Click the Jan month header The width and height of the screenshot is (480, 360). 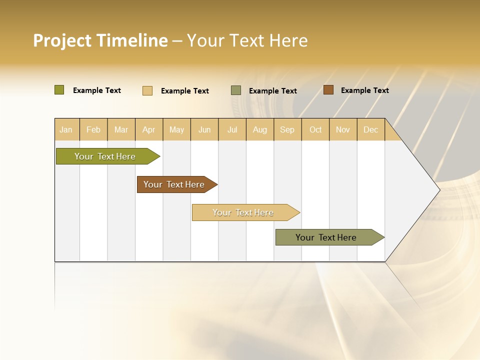click(66, 129)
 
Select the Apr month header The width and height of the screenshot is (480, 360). click(149, 129)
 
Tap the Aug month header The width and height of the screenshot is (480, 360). click(260, 129)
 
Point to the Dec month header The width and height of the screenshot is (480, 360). click(370, 129)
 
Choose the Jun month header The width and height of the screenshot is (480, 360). click(204, 129)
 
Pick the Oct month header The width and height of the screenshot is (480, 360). click(315, 129)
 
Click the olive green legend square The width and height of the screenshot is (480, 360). click(59, 90)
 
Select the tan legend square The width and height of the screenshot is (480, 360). click(147, 90)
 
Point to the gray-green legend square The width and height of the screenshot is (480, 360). click(235, 90)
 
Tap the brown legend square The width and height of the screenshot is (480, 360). click(328, 90)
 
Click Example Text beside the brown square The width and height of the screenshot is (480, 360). click(364, 90)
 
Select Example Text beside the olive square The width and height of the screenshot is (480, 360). click(97, 90)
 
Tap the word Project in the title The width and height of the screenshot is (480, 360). click(62, 40)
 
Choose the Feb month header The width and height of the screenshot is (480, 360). click(93, 129)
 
